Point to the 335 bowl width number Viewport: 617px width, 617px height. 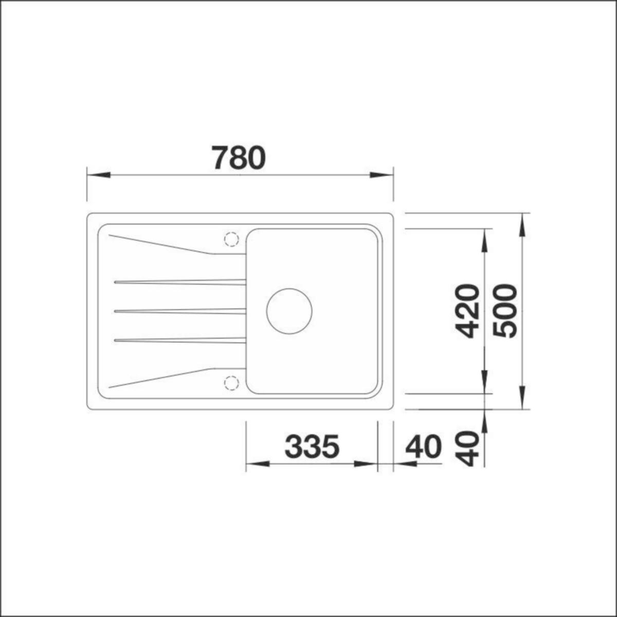312,446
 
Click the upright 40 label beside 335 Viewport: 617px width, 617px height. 423,446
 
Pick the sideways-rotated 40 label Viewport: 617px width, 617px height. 468,448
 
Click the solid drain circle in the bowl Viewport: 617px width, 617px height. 289,311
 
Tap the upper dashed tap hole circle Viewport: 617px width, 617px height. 231,239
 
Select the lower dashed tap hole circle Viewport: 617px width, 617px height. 231,382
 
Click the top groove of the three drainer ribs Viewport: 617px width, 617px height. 180,282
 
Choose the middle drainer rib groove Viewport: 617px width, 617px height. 180,311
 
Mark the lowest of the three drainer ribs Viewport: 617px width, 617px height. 180,340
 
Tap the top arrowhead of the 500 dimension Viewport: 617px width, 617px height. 522,225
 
